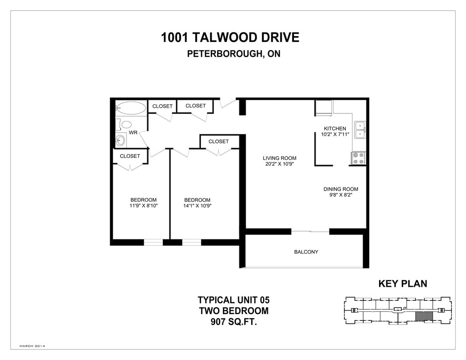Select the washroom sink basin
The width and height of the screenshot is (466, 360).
tap(120, 139)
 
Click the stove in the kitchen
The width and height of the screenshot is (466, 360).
tap(358, 158)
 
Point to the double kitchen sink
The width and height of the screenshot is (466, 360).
tap(360, 130)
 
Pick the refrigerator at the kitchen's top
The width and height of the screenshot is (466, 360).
tap(324, 108)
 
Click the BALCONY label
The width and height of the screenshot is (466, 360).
tap(306, 252)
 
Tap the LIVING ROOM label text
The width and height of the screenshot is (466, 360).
tap(279, 158)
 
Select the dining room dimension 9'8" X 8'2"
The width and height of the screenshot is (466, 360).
tap(340, 195)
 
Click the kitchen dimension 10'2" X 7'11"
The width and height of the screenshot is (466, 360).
tap(335, 134)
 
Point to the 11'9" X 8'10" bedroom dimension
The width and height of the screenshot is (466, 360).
tap(143, 206)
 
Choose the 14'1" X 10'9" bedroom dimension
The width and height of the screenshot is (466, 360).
tap(198, 206)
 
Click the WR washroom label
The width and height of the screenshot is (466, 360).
tap(133, 132)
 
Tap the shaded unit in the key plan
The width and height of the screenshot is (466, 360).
tap(424, 316)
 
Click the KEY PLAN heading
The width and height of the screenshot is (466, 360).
tap(403, 284)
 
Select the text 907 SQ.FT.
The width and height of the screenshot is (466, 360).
tap(233, 322)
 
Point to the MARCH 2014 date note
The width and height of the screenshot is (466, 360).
tap(32, 346)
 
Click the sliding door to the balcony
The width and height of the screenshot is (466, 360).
tap(310, 231)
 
